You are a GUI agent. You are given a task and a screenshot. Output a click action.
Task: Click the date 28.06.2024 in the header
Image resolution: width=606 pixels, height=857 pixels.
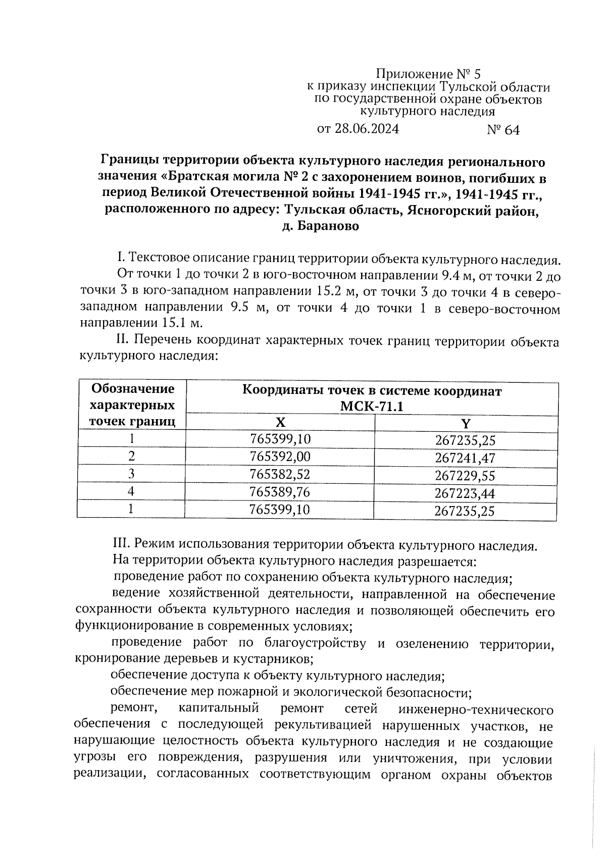(367, 129)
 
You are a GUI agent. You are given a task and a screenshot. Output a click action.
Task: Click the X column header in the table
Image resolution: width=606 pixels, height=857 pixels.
(280, 422)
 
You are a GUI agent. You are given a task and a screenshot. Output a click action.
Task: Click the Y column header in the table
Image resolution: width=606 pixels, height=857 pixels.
(466, 423)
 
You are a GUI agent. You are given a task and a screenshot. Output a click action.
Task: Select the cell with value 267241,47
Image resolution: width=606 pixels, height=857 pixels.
(465, 458)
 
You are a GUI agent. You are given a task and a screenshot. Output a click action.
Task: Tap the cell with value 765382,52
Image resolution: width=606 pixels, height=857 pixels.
(280, 474)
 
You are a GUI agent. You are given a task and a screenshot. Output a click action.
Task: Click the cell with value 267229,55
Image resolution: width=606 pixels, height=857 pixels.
(465, 476)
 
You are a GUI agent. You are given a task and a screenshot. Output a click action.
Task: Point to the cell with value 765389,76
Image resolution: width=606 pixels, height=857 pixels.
(280, 491)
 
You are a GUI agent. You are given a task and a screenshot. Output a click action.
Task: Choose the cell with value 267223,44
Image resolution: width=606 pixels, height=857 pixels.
(465, 493)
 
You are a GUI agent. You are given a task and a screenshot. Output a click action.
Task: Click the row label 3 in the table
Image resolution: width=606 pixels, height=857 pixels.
(131, 474)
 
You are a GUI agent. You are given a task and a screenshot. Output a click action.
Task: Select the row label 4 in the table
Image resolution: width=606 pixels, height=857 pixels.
(131, 491)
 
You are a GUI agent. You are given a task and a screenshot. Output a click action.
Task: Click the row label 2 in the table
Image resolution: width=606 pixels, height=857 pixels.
(131, 456)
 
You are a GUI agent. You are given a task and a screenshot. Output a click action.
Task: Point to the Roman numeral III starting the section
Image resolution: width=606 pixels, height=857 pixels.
(119, 545)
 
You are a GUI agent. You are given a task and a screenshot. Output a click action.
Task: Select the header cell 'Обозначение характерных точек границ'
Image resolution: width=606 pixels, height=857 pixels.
(132, 405)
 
